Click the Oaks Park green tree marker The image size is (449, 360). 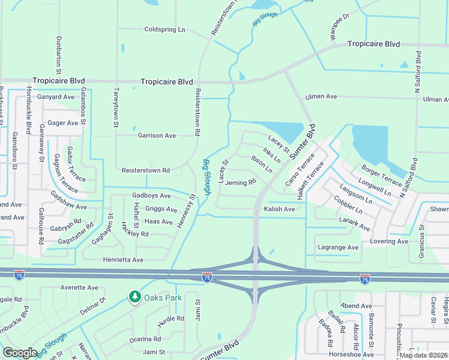point(135,297)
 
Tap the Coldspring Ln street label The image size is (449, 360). point(165,29)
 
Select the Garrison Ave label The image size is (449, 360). point(157,136)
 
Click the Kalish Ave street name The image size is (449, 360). point(279,209)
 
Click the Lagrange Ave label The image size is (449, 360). point(337,247)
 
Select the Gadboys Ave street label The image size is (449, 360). point(151,196)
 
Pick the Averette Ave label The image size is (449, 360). point(79,288)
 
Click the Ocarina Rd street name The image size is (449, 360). point(145,339)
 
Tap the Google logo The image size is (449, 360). point(20,353)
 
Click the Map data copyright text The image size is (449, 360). point(423,355)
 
